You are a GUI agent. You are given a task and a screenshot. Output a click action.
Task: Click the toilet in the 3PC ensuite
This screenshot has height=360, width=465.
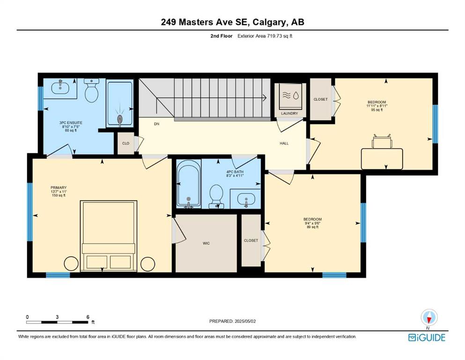(91, 90)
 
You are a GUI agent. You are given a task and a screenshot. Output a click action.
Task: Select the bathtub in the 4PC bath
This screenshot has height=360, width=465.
(189, 184)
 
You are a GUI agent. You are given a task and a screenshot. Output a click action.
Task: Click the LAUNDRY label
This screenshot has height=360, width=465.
(289, 113)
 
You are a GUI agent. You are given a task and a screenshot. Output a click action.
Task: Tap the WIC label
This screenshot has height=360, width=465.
(206, 243)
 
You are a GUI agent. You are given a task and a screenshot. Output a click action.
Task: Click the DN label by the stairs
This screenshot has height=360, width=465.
(156, 124)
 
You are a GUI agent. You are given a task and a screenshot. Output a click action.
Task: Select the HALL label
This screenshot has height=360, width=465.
(284, 143)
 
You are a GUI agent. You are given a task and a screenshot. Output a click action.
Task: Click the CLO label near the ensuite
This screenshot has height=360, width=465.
(126, 143)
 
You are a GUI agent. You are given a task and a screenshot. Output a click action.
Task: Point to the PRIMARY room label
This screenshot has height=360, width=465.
(59, 187)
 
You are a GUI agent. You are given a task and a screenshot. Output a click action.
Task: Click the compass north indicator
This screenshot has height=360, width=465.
(429, 318)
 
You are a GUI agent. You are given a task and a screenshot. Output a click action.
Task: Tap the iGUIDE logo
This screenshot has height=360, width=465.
(427, 338)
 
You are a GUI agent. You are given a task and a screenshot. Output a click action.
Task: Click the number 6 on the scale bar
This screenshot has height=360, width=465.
(88, 317)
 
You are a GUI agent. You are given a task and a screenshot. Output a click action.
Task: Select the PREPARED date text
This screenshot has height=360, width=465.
(232, 321)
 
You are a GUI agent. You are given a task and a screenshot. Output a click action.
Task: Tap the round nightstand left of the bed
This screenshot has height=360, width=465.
(71, 263)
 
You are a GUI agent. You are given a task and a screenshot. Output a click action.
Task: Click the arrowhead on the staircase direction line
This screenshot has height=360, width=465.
(265, 97)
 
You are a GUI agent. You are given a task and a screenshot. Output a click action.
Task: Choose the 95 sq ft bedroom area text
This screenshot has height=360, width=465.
(376, 110)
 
